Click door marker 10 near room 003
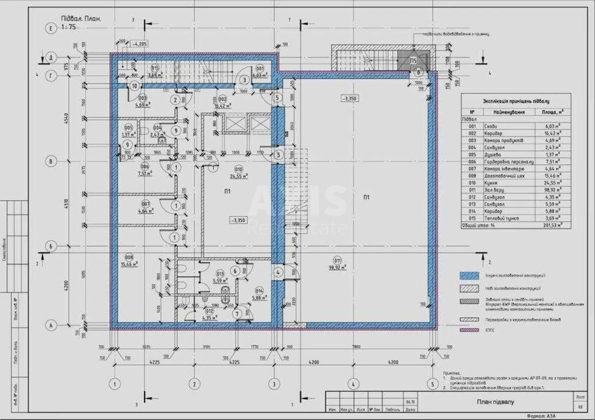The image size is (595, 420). pyautogui.click(x=134, y=86)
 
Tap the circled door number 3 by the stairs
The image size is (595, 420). pyautogui.click(x=244, y=80)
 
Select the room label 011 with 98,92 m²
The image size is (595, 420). pyautogui.click(x=338, y=262)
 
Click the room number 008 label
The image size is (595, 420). pyautogui.click(x=129, y=257)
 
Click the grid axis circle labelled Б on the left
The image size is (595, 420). pyautogui.click(x=50, y=246)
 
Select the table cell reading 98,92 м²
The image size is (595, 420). pyautogui.click(x=552, y=189)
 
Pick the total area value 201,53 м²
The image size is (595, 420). pyautogui.click(x=552, y=224)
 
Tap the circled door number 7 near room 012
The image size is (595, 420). pyautogui.click(x=237, y=313)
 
